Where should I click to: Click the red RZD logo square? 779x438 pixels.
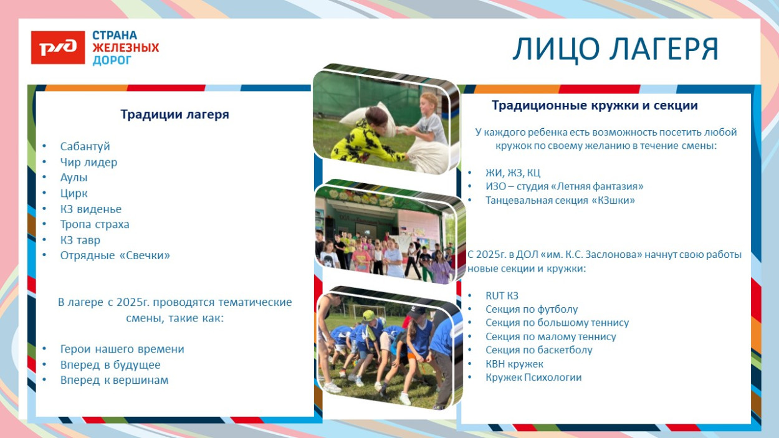(x=58, y=47)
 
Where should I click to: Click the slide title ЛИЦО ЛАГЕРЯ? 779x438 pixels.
(x=615, y=49)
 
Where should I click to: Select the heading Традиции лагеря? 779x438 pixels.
(x=174, y=115)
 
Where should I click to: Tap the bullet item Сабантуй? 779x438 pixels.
(x=85, y=146)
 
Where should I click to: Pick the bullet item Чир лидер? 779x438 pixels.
(x=88, y=162)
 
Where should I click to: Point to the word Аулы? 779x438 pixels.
(x=74, y=178)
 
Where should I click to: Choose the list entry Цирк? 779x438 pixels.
(x=74, y=193)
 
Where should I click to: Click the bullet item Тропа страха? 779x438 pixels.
(x=95, y=224)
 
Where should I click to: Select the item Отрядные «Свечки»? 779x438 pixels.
(x=115, y=255)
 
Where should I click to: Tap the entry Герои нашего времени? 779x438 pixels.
(x=122, y=349)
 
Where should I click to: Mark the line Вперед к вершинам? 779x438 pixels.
(x=114, y=380)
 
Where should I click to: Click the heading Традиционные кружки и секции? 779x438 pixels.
(x=595, y=105)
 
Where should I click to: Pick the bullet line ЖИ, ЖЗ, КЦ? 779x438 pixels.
(x=513, y=173)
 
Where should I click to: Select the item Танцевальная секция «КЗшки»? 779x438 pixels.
(x=560, y=200)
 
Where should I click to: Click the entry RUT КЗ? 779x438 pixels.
(x=502, y=295)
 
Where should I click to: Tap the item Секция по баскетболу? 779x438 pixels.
(x=538, y=350)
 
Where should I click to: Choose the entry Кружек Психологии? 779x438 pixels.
(x=533, y=377)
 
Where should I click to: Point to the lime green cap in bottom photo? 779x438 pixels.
(x=368, y=316)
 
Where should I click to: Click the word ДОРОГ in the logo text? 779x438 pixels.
(x=112, y=60)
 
